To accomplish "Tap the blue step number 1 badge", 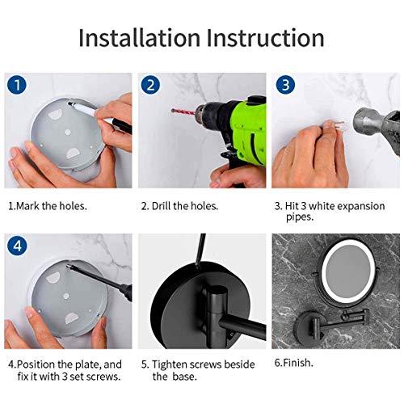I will click(x=17, y=86).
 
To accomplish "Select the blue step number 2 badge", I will click(x=151, y=86).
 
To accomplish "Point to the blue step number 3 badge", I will click(x=284, y=86).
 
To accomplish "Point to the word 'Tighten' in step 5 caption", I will click(x=171, y=365).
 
